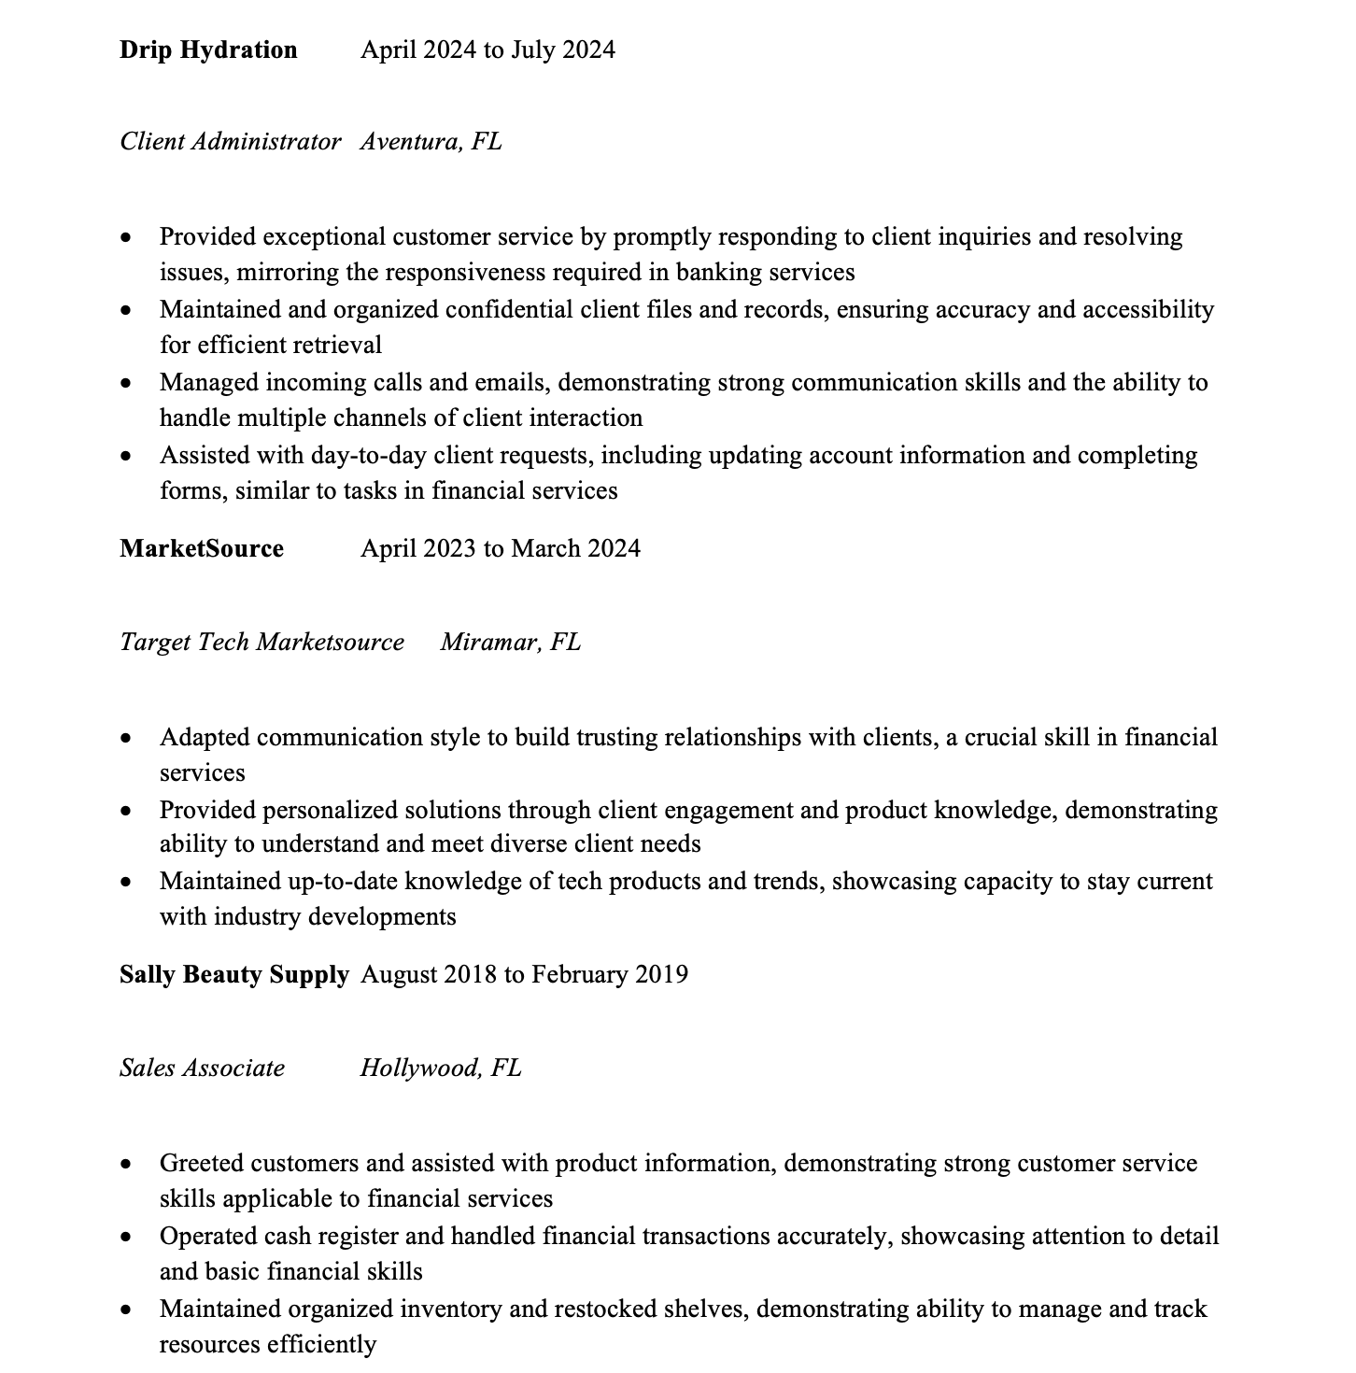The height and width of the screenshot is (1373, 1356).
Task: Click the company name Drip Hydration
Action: (208, 50)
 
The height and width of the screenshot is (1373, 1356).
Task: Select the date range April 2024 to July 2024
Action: (487, 50)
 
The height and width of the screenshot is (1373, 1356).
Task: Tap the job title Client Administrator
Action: (230, 141)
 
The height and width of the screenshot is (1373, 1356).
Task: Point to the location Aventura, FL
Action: (431, 141)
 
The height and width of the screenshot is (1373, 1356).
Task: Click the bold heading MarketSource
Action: (202, 548)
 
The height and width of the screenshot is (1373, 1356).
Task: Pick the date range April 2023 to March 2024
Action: (501, 548)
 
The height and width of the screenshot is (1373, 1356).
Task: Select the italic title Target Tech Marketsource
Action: (261, 642)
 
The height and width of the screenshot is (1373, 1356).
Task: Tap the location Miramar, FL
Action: (510, 642)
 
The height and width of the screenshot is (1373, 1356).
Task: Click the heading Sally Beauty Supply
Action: (233, 974)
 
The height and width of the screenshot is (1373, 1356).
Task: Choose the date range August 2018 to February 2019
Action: (524, 974)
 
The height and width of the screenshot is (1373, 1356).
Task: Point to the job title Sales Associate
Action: (202, 1068)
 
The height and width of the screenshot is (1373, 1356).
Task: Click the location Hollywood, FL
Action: (441, 1068)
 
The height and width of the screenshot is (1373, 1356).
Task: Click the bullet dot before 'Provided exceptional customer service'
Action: (126, 238)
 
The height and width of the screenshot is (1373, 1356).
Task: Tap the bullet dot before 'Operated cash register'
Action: (126, 1238)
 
